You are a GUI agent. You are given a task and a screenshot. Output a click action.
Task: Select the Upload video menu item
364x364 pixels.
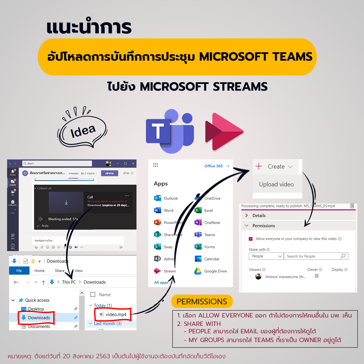276,184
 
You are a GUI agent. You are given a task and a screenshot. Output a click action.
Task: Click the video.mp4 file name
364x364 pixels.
116,314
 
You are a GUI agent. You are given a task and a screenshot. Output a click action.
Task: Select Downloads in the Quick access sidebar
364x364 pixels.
39,317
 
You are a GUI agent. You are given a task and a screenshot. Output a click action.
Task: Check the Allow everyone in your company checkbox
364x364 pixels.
251,239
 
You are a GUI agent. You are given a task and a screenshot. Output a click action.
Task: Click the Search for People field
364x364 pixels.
315,256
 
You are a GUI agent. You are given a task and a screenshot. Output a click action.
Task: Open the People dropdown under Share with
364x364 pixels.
266,256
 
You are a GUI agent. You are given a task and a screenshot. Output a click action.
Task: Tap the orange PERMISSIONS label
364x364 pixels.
202,302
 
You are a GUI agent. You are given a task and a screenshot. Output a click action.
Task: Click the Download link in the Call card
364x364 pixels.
94,205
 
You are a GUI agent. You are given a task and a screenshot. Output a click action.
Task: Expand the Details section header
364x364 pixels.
259,215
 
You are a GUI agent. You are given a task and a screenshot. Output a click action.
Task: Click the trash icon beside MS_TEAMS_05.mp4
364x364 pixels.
352,206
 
